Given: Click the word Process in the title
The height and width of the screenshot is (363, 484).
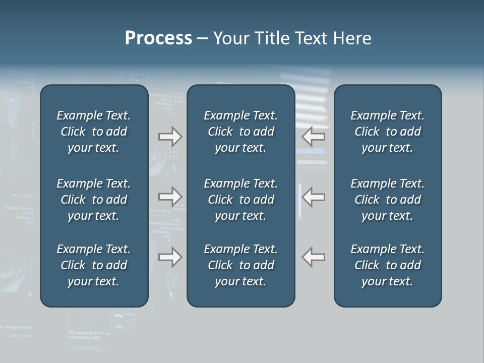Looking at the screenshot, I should (x=158, y=38).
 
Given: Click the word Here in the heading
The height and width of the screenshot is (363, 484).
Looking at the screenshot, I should (x=352, y=38).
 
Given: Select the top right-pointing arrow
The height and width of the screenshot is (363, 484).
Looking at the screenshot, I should (x=170, y=136).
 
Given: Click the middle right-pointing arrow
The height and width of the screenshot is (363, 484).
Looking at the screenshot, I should (x=170, y=197).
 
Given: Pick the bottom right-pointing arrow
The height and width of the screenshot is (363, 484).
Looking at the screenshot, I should (x=170, y=257).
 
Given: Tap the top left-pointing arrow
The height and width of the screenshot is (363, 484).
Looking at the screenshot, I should (x=313, y=136).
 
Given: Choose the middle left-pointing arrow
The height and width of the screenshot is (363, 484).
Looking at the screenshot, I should (x=313, y=197).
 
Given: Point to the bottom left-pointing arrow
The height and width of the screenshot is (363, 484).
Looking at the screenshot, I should (x=313, y=257).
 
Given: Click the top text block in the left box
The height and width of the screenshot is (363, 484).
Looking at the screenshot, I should (x=94, y=132).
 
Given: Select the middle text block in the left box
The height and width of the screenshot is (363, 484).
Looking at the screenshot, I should (x=94, y=200).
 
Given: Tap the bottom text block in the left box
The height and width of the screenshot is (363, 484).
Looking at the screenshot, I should (x=94, y=265).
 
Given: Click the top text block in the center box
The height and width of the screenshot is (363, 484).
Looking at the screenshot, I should (x=240, y=132).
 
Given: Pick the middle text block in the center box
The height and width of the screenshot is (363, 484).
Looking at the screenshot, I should (x=240, y=200).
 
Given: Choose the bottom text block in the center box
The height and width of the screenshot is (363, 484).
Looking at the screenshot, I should (x=240, y=265).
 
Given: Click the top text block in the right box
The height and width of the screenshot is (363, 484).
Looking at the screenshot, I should (x=387, y=132).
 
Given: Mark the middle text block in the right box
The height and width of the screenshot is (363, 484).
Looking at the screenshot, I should (x=387, y=200).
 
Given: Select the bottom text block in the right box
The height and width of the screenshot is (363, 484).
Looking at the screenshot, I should (x=387, y=265).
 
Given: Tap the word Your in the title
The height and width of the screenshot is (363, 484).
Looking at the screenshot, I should (x=230, y=38).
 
